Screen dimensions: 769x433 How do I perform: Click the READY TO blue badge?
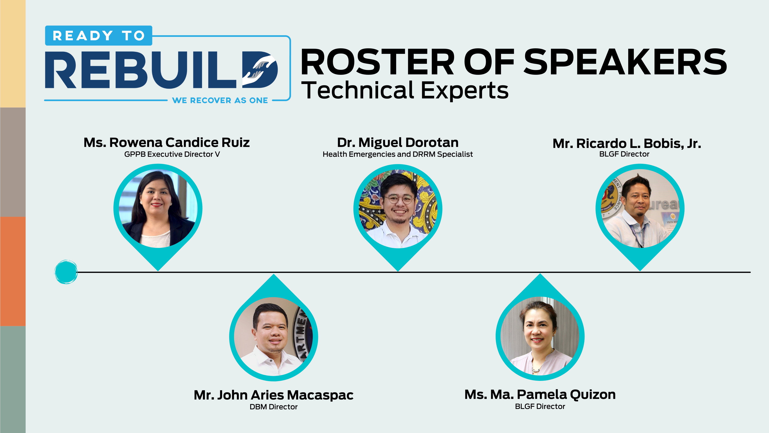[99, 35]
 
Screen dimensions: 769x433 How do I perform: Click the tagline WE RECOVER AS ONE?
[220, 100]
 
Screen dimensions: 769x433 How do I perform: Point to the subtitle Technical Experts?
[405, 90]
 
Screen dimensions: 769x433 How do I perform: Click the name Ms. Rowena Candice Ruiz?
[167, 143]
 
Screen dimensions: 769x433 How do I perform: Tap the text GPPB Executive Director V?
[172, 154]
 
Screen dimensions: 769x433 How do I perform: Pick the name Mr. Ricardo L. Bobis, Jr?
[627, 144]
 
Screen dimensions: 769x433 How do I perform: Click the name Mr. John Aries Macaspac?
[273, 395]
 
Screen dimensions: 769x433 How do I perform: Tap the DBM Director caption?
[273, 407]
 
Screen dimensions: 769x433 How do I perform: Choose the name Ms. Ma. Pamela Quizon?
[540, 395]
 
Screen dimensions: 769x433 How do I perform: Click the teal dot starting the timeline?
[66, 272]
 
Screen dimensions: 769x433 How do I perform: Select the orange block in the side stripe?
[13, 271]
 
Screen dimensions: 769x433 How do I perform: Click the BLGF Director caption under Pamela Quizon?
[540, 406]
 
